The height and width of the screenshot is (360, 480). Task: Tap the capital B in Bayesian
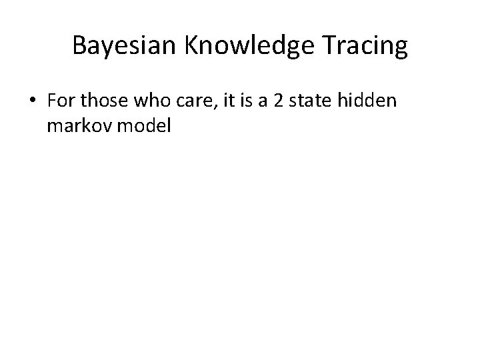point(79,45)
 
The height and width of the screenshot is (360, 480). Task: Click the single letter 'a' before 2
point(248,101)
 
